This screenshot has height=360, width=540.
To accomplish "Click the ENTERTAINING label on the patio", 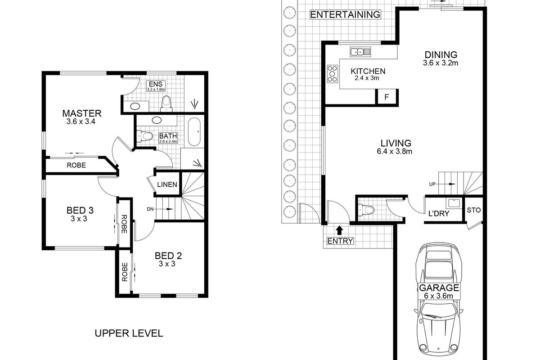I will pyautogui.click(x=345, y=14).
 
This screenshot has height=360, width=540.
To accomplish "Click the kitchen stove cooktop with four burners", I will pyautogui.click(x=333, y=74).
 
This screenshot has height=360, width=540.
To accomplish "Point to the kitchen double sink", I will pyautogui.click(x=360, y=52).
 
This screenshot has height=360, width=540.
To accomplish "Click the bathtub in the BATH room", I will pyautogui.click(x=194, y=132).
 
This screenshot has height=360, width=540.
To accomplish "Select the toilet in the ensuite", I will pyautogui.click(x=166, y=103).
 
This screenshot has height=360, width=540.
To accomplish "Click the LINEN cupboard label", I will pyautogui.click(x=167, y=184).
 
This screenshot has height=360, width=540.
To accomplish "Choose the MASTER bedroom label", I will pyautogui.click(x=82, y=113).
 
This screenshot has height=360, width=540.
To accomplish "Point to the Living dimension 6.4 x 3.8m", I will pyautogui.click(x=395, y=151).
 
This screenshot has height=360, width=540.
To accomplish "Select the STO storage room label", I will pyautogui.click(x=474, y=210).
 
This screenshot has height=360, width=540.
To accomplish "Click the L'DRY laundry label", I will pyautogui.click(x=439, y=214).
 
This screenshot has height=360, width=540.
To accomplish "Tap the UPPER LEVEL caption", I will pyautogui.click(x=128, y=333).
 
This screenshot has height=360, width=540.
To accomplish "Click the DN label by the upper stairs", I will pyautogui.click(x=150, y=209).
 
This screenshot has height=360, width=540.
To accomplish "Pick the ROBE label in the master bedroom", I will pyautogui.click(x=76, y=165).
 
